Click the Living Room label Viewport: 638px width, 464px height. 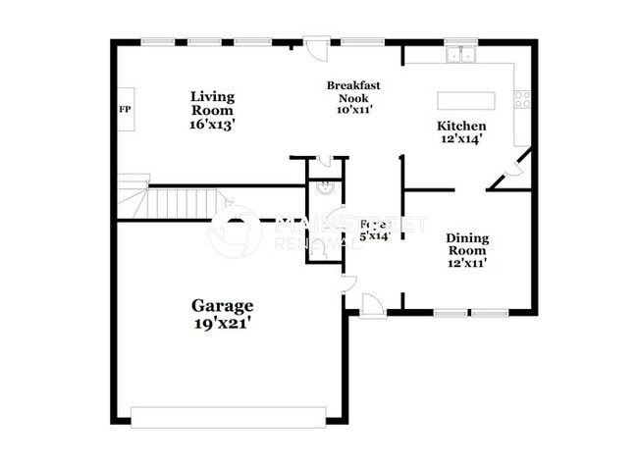(212, 104)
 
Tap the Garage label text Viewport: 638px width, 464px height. (222, 306)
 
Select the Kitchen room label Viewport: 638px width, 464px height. (461, 127)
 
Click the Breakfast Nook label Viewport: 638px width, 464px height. (353, 91)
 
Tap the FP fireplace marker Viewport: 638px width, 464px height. (126, 109)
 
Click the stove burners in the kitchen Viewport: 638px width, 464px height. (523, 99)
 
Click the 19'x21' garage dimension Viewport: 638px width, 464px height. (222, 324)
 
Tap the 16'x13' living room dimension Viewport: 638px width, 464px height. (212, 127)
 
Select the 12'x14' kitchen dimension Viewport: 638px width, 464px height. (461, 140)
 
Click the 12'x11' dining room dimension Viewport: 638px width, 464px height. (467, 262)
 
